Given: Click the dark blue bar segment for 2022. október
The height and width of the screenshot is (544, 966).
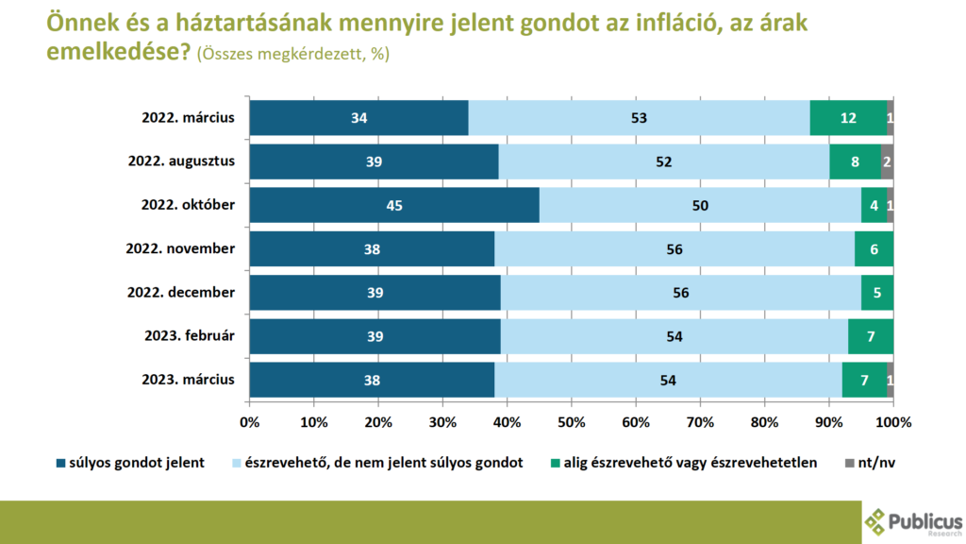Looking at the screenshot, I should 330,205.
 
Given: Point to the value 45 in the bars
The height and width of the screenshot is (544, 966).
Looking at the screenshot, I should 394,206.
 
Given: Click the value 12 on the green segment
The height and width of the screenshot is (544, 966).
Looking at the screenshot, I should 849,118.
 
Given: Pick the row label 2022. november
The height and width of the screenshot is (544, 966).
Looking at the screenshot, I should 181,249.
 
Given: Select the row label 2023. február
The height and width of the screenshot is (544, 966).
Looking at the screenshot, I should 187,336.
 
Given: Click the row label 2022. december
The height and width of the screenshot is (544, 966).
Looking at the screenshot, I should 181,293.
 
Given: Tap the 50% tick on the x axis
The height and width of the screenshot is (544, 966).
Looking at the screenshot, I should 572,421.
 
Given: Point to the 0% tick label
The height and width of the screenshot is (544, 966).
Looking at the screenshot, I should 250,421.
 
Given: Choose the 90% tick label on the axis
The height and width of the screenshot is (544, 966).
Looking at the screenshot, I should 829,421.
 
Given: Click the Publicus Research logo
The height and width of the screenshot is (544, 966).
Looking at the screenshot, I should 912,521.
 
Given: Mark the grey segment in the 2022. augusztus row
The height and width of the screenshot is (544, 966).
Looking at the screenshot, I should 887,161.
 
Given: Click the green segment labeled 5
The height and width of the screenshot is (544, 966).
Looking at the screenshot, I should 877,293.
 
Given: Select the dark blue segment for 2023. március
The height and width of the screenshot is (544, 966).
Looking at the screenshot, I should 372,380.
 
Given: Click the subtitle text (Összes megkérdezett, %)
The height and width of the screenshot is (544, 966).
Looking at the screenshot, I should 292,54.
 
